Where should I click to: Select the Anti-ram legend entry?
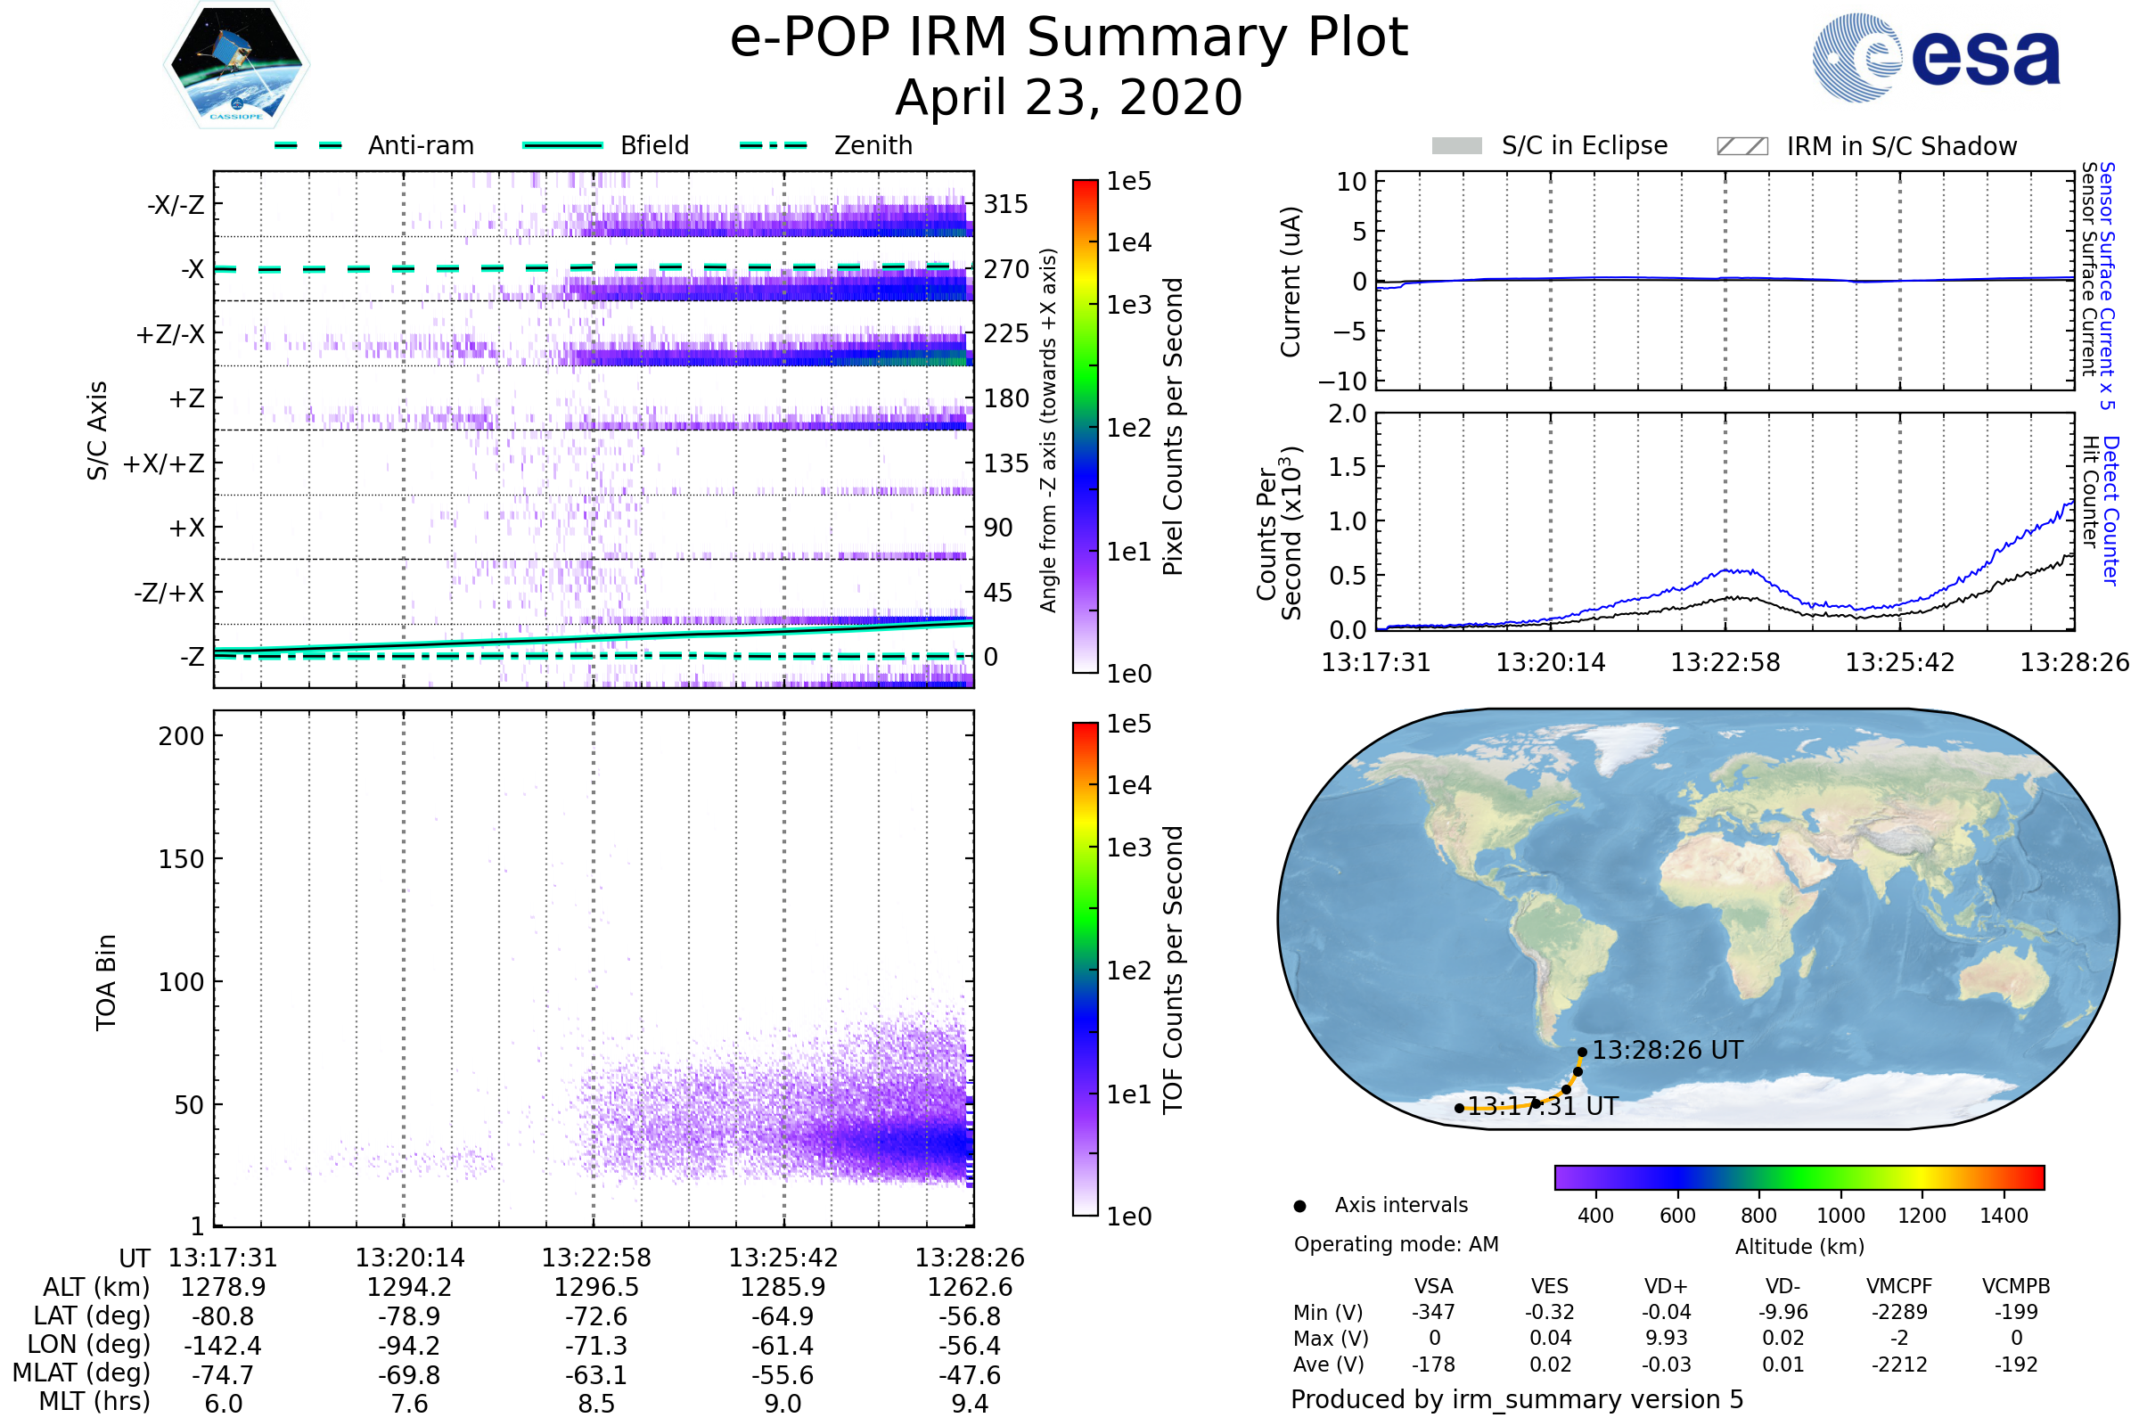[420, 145]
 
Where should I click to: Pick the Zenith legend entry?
[873, 145]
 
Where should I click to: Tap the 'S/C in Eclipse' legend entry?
[1584, 145]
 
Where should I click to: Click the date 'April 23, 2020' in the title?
[1069, 98]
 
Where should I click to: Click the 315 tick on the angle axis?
[1006, 205]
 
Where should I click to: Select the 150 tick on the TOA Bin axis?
[181, 859]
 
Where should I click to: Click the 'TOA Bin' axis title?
[106, 982]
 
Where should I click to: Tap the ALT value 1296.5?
[595, 1287]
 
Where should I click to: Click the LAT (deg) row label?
[92, 1316]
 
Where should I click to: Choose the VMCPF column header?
[1899, 1287]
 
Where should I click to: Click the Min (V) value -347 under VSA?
[1433, 1312]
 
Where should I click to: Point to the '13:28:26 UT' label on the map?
[1667, 1051]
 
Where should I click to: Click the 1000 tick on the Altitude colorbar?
[1840, 1216]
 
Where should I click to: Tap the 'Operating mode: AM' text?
[1396, 1244]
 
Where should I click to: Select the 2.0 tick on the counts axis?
[1348, 414]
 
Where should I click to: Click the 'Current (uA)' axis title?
[1291, 282]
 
